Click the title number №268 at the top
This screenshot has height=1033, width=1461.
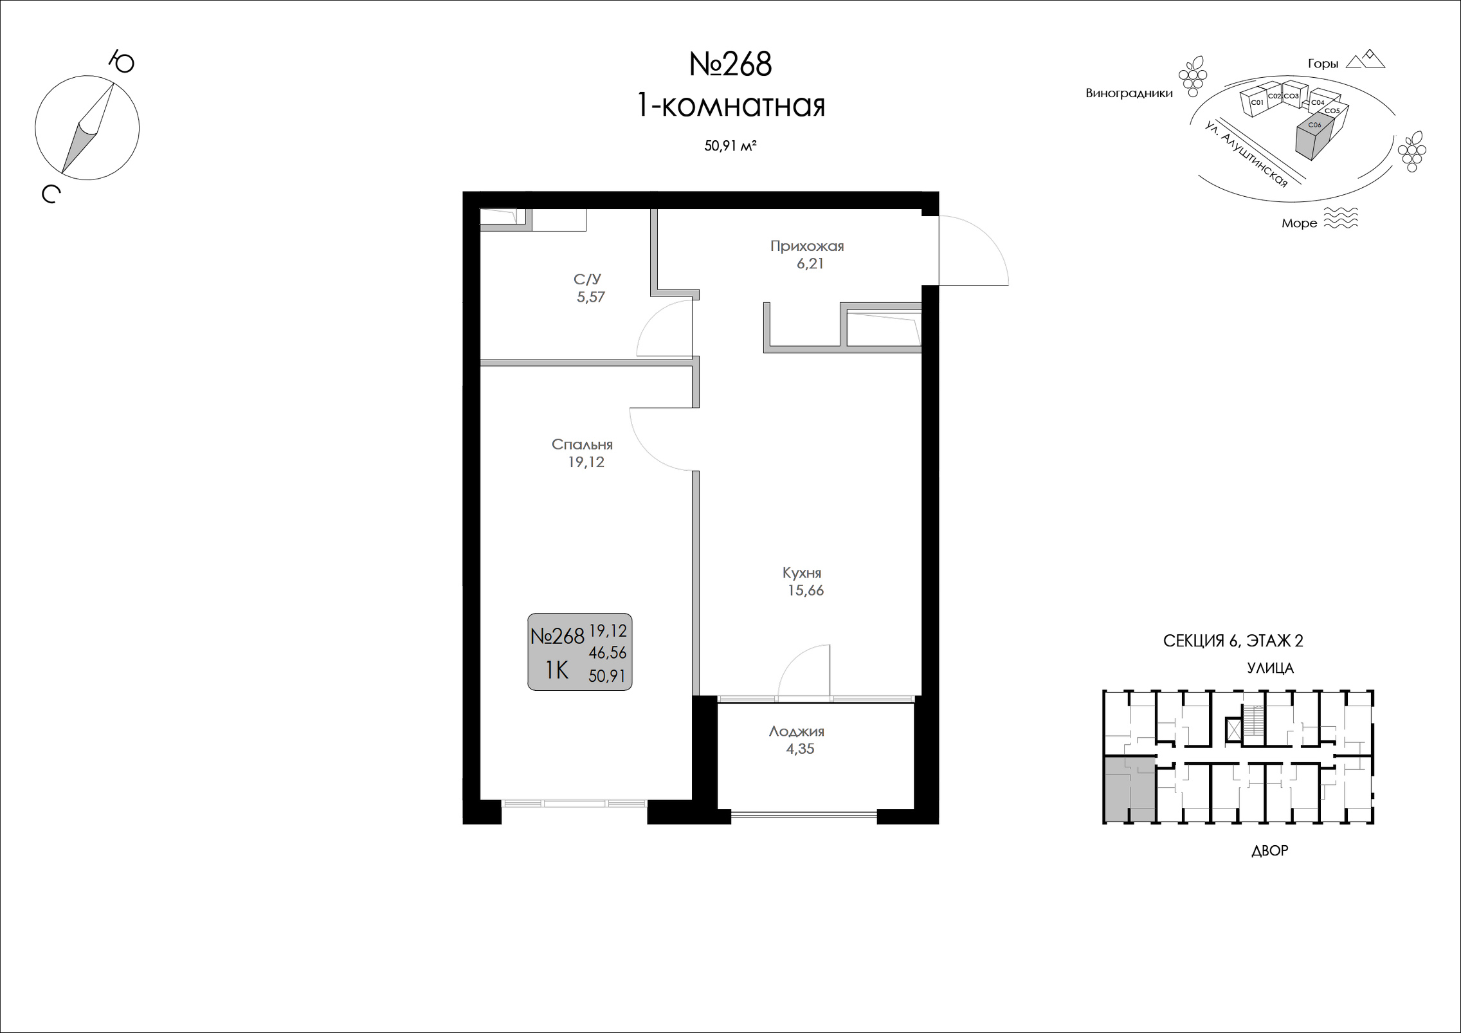[x=730, y=65]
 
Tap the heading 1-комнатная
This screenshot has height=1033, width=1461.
[x=730, y=105]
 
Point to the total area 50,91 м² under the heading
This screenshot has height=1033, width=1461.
[x=730, y=146]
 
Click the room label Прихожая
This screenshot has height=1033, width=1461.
[x=807, y=246]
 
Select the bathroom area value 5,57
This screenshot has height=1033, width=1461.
[x=591, y=297]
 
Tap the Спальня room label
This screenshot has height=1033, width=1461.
[x=582, y=444]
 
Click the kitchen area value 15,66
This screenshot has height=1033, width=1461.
[x=806, y=590]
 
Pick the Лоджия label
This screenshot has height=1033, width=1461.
[x=796, y=731]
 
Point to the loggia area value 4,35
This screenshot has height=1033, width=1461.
[x=800, y=749]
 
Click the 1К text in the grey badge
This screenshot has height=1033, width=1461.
[x=557, y=671]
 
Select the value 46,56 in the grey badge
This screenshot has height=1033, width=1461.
[x=608, y=653]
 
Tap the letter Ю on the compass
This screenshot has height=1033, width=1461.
[x=121, y=62]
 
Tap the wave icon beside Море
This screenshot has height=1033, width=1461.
[x=1341, y=218]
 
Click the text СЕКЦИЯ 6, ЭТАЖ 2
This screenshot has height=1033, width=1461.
[x=1233, y=641]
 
